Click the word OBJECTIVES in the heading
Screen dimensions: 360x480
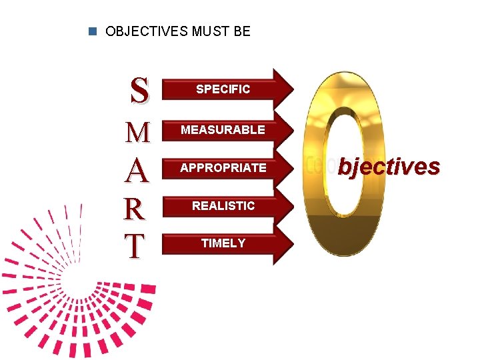tap(138, 31)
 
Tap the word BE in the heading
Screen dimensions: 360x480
tap(241, 31)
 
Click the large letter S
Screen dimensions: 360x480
tap(139, 91)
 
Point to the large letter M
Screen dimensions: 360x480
tap(138, 133)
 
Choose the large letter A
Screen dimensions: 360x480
tap(138, 171)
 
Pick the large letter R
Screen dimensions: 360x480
tap(136, 209)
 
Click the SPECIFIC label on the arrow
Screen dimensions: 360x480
tap(223, 89)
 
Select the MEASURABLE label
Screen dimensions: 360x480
tap(223, 130)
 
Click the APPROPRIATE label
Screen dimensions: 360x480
tap(223, 168)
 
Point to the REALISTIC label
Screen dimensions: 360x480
tap(223, 206)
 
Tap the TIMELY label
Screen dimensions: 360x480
tap(223, 243)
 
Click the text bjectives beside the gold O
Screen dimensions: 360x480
tap(389, 166)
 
